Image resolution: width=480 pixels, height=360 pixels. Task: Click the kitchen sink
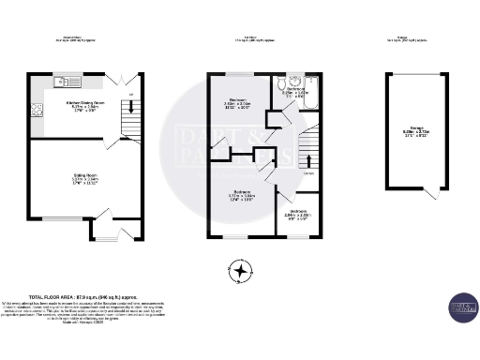[62, 81]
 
